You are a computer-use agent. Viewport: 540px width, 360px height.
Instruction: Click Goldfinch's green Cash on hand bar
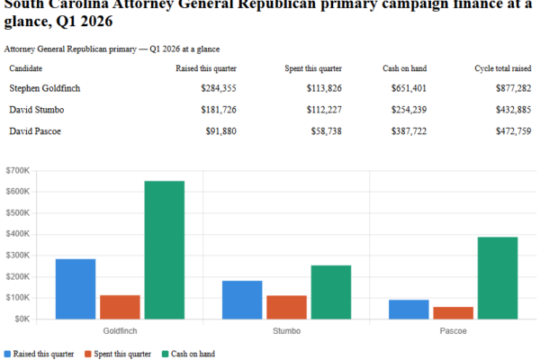coord(164,249)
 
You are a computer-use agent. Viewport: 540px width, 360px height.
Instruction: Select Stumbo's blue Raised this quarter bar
coord(241,300)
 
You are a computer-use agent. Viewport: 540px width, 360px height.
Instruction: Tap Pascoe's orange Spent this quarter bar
coord(453,312)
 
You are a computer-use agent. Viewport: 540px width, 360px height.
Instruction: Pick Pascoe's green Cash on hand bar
coord(498,277)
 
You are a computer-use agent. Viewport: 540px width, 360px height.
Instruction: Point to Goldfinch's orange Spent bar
coord(120,307)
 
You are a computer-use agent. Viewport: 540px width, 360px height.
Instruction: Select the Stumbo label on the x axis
coord(285,331)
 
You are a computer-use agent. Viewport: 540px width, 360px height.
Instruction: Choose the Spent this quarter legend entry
coord(117,354)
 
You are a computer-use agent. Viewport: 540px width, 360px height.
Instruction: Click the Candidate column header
coord(26,68)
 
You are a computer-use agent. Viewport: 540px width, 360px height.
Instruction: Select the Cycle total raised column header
coord(502,68)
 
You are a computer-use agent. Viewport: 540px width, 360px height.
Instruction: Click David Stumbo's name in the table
coord(36,110)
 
